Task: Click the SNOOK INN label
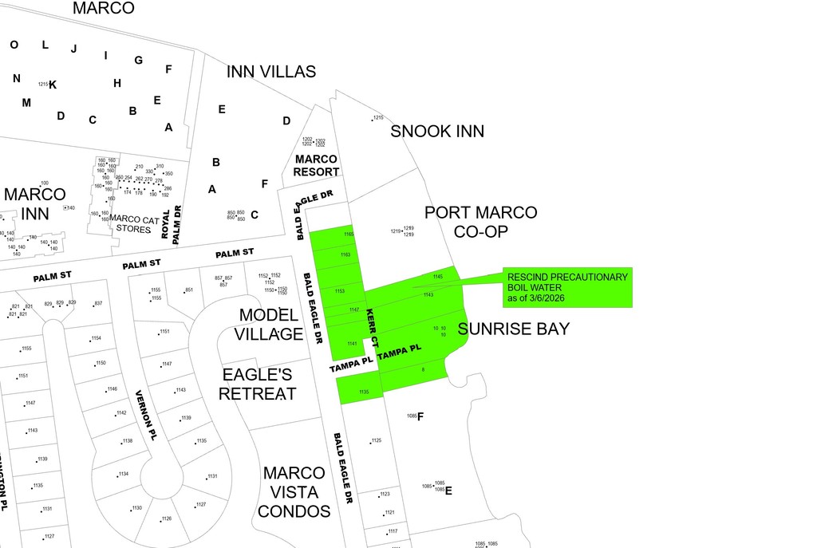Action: (x=436, y=132)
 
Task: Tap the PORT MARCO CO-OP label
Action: (x=480, y=223)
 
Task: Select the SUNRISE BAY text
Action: (x=514, y=329)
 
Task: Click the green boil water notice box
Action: (x=567, y=287)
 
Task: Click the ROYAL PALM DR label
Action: (x=172, y=224)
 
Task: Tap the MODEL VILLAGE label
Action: (x=270, y=324)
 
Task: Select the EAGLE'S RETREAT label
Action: (x=258, y=384)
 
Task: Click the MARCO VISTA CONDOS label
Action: (x=294, y=491)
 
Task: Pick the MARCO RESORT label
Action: (x=316, y=165)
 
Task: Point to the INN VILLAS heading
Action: (x=270, y=72)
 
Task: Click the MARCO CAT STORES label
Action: (x=129, y=224)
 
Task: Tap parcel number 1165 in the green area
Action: (x=349, y=235)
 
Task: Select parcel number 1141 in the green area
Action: (x=352, y=344)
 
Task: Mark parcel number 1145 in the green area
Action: (x=437, y=277)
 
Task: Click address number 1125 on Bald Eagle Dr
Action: (x=377, y=440)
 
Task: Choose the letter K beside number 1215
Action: (x=53, y=85)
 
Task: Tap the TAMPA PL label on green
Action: (x=398, y=352)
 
